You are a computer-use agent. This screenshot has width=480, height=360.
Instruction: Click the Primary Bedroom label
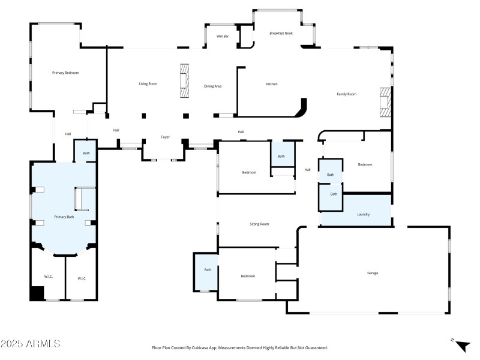point(65,73)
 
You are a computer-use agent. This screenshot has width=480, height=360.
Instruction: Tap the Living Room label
point(148,83)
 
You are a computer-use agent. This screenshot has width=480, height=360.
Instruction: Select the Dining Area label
point(213,86)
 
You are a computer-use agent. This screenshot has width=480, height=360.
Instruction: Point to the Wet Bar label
point(223,37)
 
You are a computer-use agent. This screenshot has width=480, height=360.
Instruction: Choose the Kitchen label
point(272,84)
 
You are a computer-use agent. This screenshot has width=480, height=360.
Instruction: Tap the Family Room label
point(346,94)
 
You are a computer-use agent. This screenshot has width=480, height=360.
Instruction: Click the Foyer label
point(165,137)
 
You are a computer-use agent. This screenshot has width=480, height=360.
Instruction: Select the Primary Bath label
point(64,217)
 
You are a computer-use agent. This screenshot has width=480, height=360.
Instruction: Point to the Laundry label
point(363,214)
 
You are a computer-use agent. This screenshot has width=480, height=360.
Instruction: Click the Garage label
point(373,273)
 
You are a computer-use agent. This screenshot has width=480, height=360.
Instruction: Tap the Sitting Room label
point(259,224)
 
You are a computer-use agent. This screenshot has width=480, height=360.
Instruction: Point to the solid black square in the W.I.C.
point(37,293)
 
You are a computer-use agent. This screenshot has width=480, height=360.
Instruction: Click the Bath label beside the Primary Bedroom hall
point(86,154)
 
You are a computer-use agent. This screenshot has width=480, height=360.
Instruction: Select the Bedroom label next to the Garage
point(248,276)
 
